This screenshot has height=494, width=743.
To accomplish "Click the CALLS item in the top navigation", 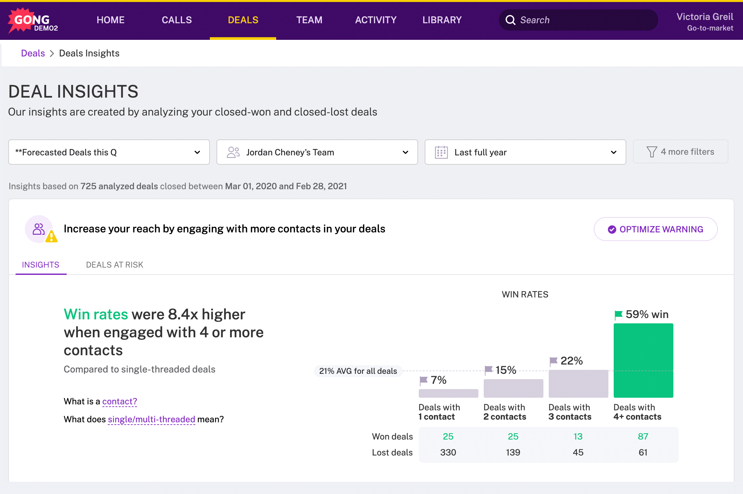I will pyautogui.click(x=177, y=20).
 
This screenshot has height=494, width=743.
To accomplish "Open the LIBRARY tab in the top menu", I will pyautogui.click(x=442, y=20).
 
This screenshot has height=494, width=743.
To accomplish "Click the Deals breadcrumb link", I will pyautogui.click(x=33, y=53).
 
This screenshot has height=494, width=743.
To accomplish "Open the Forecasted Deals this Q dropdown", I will pyautogui.click(x=109, y=152).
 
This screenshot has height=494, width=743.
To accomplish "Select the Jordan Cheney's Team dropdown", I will pyautogui.click(x=317, y=152).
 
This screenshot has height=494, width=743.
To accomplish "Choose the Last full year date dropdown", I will pyautogui.click(x=525, y=152).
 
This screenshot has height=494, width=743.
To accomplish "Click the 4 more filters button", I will pyautogui.click(x=680, y=152).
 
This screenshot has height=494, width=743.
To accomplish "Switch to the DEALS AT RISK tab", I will pyautogui.click(x=114, y=265).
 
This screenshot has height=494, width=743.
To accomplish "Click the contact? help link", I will pyautogui.click(x=119, y=401).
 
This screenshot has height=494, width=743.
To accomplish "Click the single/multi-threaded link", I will pyautogui.click(x=152, y=419).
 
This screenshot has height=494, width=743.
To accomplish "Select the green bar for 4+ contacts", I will pyautogui.click(x=643, y=360).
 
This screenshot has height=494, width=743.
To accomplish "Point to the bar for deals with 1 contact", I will pyautogui.click(x=448, y=393).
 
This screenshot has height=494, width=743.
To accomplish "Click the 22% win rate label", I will pyautogui.click(x=571, y=361).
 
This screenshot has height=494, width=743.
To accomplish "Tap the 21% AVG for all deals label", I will pyautogui.click(x=358, y=371).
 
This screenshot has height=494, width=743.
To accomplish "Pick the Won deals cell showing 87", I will pyautogui.click(x=643, y=436).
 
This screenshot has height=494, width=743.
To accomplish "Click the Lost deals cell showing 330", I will pyautogui.click(x=448, y=452).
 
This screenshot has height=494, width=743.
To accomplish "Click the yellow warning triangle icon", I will pyautogui.click(x=51, y=236).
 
